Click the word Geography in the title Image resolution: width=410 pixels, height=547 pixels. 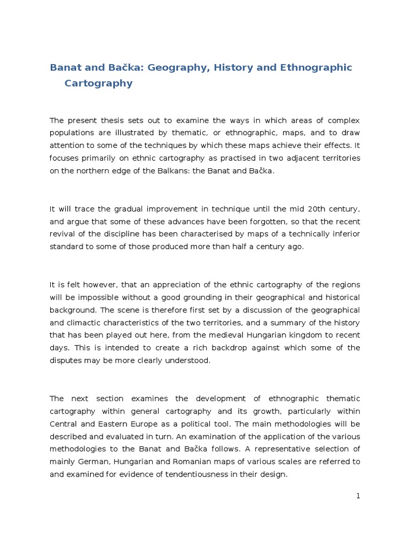(x=171, y=68)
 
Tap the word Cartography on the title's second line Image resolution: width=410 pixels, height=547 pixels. (x=98, y=83)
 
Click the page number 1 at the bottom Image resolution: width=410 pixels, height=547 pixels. (x=358, y=496)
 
